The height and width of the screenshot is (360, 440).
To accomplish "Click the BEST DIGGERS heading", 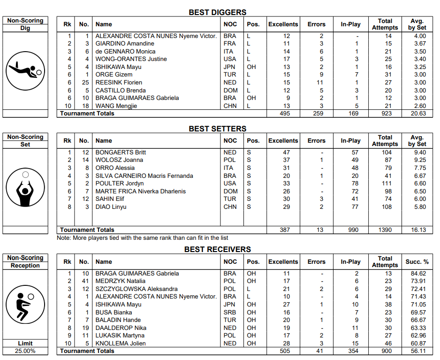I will [217, 13].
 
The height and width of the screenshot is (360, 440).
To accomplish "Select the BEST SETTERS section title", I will [217, 129].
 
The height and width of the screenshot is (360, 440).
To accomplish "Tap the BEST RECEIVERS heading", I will [217, 250].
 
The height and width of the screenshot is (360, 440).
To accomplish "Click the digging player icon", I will [25, 70].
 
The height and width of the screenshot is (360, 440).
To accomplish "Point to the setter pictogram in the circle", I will [25, 189].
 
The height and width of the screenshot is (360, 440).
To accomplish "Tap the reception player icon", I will [25, 305].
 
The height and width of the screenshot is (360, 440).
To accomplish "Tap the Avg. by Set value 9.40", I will [420, 153].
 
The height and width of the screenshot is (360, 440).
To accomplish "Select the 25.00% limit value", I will [25, 351].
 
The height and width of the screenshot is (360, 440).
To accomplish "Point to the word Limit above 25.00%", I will [25, 344].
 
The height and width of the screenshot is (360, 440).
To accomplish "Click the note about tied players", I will [143, 238].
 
